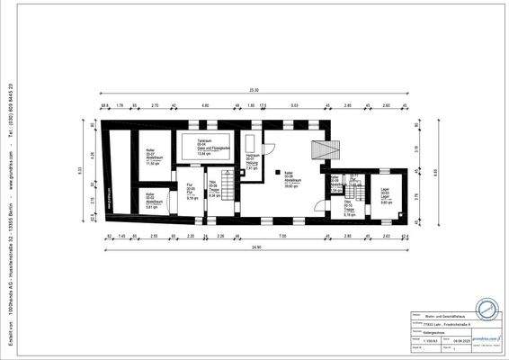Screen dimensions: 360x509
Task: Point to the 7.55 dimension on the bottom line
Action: (281, 236)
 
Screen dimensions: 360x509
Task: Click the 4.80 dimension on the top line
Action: (205, 106)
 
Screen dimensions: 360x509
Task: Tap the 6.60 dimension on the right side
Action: (435, 171)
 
